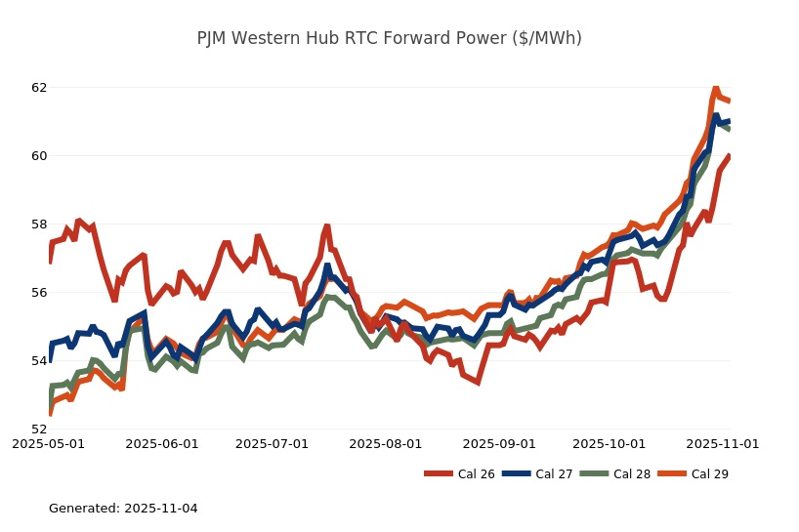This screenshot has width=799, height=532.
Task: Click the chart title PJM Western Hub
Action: click(x=389, y=38)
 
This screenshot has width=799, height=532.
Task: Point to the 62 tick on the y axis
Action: click(x=39, y=88)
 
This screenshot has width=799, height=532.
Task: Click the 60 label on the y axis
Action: click(x=39, y=156)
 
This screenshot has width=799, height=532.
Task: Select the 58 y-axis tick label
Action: click(x=39, y=225)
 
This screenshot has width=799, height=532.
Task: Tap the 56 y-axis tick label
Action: click(x=39, y=293)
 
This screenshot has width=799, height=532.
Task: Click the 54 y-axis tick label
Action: click(x=39, y=361)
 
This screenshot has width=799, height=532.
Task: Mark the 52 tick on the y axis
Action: click(x=39, y=430)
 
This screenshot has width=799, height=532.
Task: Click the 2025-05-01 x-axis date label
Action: click(x=48, y=443)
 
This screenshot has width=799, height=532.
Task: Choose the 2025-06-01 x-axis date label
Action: click(x=162, y=443)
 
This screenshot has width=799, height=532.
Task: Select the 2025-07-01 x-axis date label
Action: click(x=273, y=443)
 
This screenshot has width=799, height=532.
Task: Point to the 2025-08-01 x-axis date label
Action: click(x=386, y=443)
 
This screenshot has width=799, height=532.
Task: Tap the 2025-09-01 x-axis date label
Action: click(x=499, y=443)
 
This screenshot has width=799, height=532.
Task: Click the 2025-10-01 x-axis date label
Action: click(x=610, y=443)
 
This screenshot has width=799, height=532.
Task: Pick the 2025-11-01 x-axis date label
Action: click(x=723, y=443)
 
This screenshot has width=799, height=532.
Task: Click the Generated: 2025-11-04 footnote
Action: click(x=123, y=509)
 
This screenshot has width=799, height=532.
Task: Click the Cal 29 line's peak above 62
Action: click(x=715, y=88)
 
